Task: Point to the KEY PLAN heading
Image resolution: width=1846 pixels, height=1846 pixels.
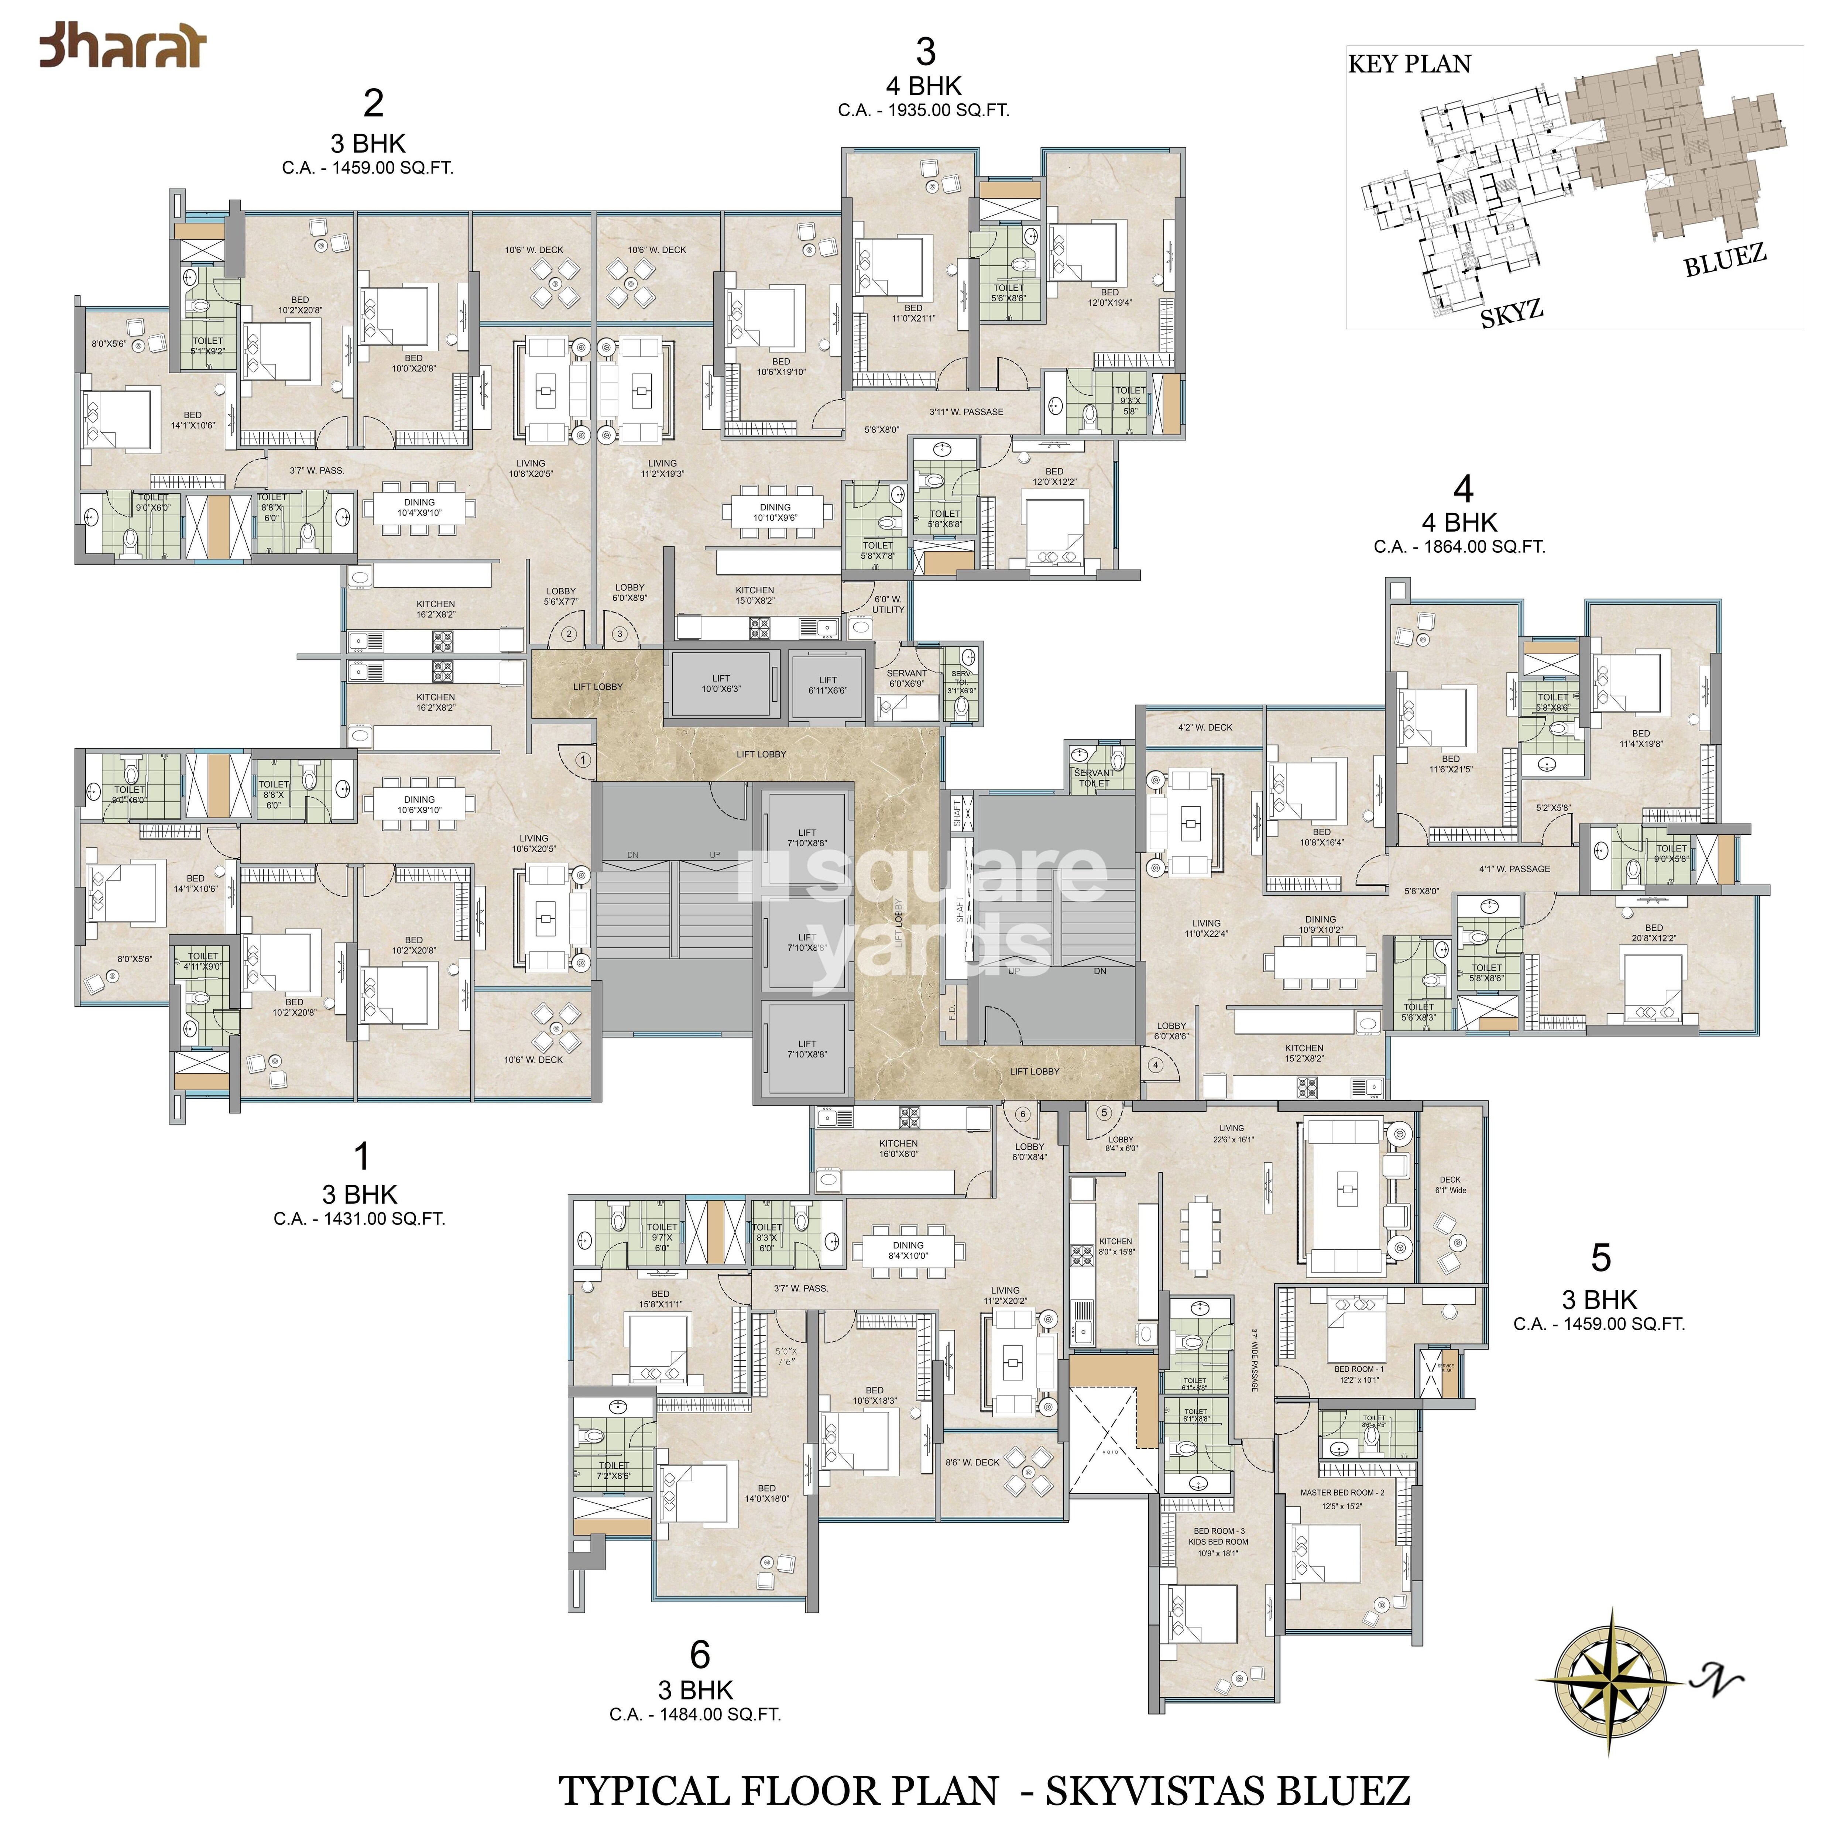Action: click(1409, 64)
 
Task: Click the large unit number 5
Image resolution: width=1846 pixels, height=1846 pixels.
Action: click(1600, 1257)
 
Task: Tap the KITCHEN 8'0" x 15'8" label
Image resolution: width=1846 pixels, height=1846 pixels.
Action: click(1115, 1246)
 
